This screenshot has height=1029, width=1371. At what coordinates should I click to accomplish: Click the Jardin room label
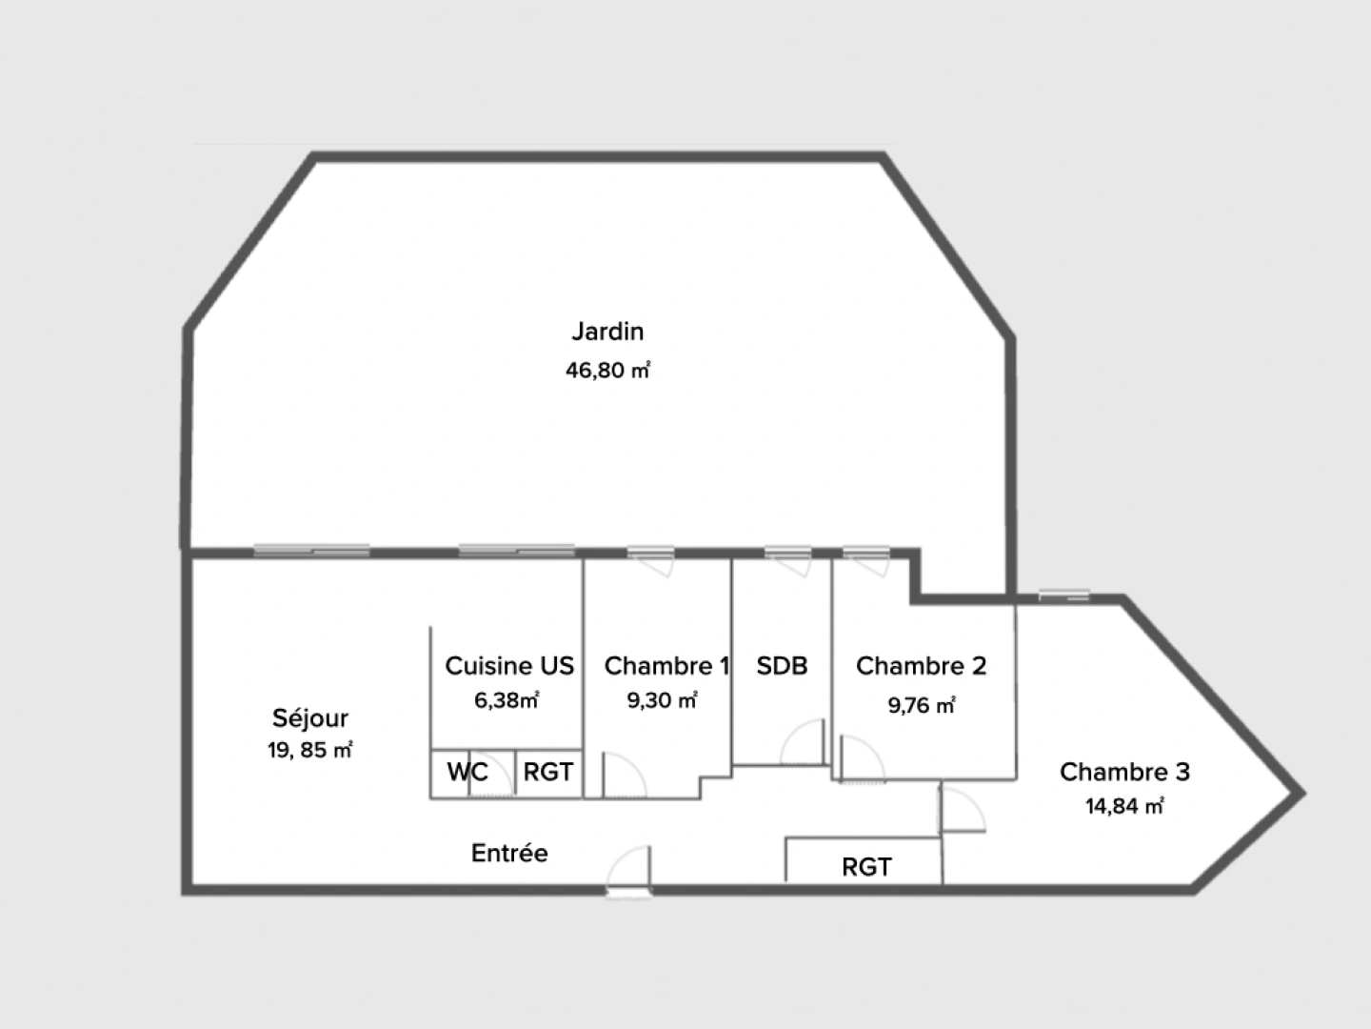click(x=607, y=332)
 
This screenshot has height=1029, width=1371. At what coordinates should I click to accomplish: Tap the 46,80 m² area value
click(x=607, y=370)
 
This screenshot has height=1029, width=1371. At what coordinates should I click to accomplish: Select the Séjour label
click(x=310, y=718)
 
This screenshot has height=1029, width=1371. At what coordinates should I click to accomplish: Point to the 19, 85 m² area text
click(x=310, y=750)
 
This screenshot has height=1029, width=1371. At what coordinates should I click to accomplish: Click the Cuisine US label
click(x=509, y=666)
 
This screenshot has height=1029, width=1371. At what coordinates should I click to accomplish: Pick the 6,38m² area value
click(x=507, y=700)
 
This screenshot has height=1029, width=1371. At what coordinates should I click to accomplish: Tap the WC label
click(x=467, y=772)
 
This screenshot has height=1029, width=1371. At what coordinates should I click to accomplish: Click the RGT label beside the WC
click(x=548, y=772)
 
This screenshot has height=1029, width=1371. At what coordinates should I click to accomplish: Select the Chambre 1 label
click(x=666, y=666)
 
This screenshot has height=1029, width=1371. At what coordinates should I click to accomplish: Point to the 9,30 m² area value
click(x=662, y=700)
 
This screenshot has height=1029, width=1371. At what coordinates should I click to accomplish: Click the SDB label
click(x=782, y=666)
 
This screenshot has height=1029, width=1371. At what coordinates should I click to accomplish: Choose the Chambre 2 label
click(x=921, y=666)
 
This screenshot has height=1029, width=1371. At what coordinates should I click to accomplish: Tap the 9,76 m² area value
click(x=921, y=705)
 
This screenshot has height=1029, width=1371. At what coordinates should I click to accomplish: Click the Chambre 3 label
click(x=1124, y=772)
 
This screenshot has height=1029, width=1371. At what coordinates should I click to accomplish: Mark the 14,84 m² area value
click(x=1124, y=806)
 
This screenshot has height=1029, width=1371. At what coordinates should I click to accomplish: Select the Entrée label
click(x=509, y=853)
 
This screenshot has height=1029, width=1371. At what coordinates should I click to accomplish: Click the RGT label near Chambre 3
click(x=866, y=867)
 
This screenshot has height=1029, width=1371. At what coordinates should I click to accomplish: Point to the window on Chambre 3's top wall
click(x=1063, y=595)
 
